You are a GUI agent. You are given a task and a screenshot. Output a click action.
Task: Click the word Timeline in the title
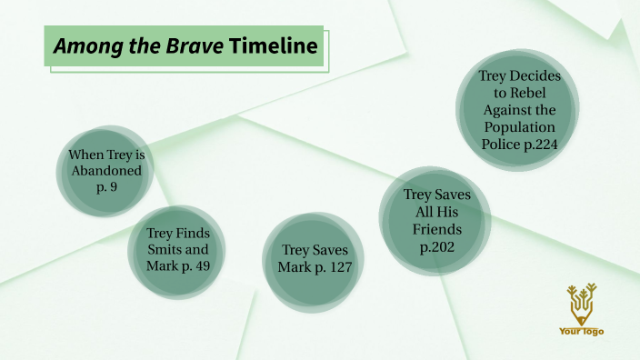(275, 46)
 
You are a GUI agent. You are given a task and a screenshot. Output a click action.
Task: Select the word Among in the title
(81, 46)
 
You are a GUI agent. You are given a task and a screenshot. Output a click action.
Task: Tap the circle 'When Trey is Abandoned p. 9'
(107, 171)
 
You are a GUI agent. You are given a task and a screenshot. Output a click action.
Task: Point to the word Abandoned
(107, 171)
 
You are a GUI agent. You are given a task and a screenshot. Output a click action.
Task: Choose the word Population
(518, 126)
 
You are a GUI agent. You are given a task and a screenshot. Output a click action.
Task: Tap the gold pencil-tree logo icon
(581, 303)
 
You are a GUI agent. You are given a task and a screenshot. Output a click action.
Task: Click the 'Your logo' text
(581, 332)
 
